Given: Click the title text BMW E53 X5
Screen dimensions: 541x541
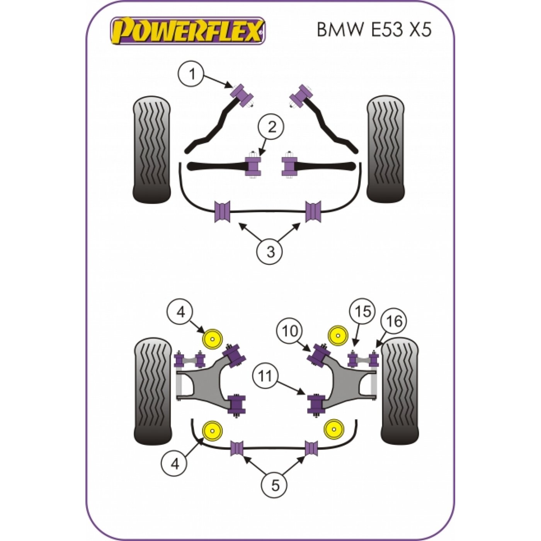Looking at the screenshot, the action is (373, 30).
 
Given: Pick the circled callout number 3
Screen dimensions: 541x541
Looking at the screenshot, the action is (270, 252).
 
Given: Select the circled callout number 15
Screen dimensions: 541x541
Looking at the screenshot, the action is (363, 312).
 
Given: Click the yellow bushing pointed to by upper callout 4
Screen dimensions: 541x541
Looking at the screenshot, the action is (213, 339).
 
